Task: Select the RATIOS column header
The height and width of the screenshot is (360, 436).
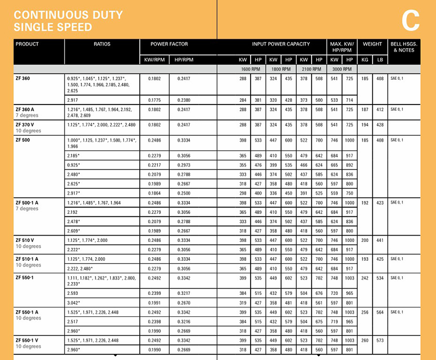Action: coord(102,45)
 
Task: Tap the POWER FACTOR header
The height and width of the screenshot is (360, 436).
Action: coord(169,45)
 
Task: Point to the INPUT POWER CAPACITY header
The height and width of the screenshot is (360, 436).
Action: coord(281,45)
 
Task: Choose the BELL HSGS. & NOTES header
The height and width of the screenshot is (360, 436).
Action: coord(403,47)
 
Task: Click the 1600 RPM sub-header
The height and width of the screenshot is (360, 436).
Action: coord(251,69)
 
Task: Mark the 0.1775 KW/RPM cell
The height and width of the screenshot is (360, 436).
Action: coord(154,100)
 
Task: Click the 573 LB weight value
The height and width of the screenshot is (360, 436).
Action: coord(380,341)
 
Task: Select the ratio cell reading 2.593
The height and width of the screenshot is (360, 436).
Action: coord(74,293)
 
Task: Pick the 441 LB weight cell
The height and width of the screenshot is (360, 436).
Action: coord(380,240)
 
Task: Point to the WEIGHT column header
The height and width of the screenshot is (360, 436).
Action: coord(372,45)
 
